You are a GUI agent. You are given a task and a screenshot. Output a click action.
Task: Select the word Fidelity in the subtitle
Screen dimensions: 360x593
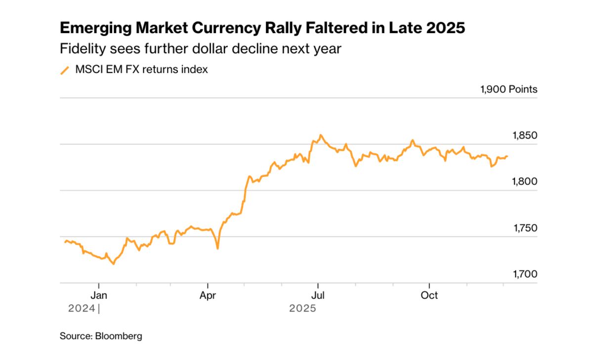(77, 49)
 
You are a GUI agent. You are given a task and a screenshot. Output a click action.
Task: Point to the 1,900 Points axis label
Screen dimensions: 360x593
(508, 90)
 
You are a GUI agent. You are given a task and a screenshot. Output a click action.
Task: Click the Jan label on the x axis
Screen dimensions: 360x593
(99, 296)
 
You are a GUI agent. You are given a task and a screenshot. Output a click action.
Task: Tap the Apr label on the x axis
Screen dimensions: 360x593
(208, 296)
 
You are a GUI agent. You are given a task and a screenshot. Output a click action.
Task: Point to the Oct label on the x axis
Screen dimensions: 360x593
(429, 296)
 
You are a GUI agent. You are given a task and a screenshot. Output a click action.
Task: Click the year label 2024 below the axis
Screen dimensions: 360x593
(82, 309)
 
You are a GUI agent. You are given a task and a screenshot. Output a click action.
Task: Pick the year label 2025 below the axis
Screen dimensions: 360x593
(303, 309)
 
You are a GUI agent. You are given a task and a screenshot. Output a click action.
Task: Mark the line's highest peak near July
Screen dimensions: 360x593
(321, 135)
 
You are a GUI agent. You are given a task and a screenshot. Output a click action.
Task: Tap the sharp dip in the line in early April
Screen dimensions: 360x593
(217, 248)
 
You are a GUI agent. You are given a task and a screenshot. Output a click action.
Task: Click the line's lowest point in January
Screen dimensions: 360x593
(114, 264)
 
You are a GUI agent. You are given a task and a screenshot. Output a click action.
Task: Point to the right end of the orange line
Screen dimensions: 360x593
(508, 156)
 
